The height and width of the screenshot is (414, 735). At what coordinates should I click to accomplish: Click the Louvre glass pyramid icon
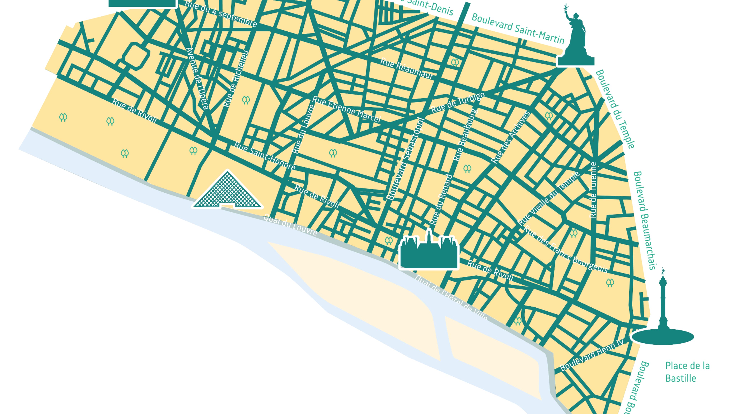pos(227,191)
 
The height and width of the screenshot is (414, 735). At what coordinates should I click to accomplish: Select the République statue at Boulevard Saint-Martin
pos(576,40)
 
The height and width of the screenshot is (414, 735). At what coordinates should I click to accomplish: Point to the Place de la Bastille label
pos(687,372)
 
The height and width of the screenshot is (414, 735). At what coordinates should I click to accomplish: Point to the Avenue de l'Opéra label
pos(197,79)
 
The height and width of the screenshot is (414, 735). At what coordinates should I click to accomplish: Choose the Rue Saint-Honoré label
pos(264,156)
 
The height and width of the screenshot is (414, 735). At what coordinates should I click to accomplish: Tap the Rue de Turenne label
pos(593,190)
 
